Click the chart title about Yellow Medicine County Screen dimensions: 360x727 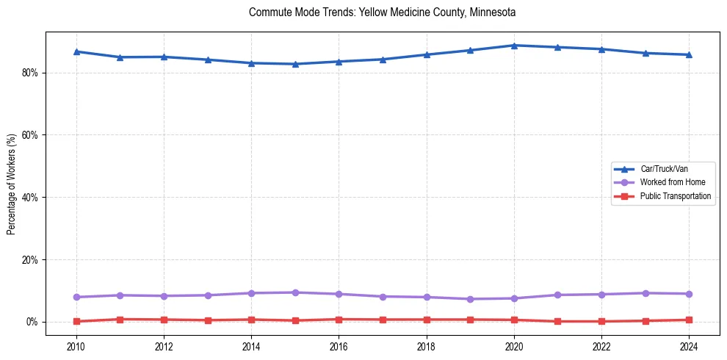[x=382, y=12]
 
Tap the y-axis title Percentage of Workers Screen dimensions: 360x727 [x=11, y=184]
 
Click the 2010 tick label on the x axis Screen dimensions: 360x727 [x=76, y=346]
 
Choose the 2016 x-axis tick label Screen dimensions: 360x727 [x=339, y=346]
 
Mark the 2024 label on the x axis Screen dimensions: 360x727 [x=690, y=346]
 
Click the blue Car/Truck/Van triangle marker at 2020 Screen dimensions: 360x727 [x=514, y=46]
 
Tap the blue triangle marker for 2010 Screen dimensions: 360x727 [x=76, y=51]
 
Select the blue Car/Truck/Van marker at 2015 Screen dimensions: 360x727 [x=295, y=64]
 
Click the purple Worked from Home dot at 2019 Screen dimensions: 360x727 [x=471, y=299]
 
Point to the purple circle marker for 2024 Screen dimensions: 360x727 [x=690, y=294]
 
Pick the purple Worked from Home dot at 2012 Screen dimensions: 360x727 [x=164, y=296]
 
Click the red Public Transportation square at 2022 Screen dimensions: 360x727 [x=602, y=321]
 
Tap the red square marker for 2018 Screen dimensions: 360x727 [x=427, y=320]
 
